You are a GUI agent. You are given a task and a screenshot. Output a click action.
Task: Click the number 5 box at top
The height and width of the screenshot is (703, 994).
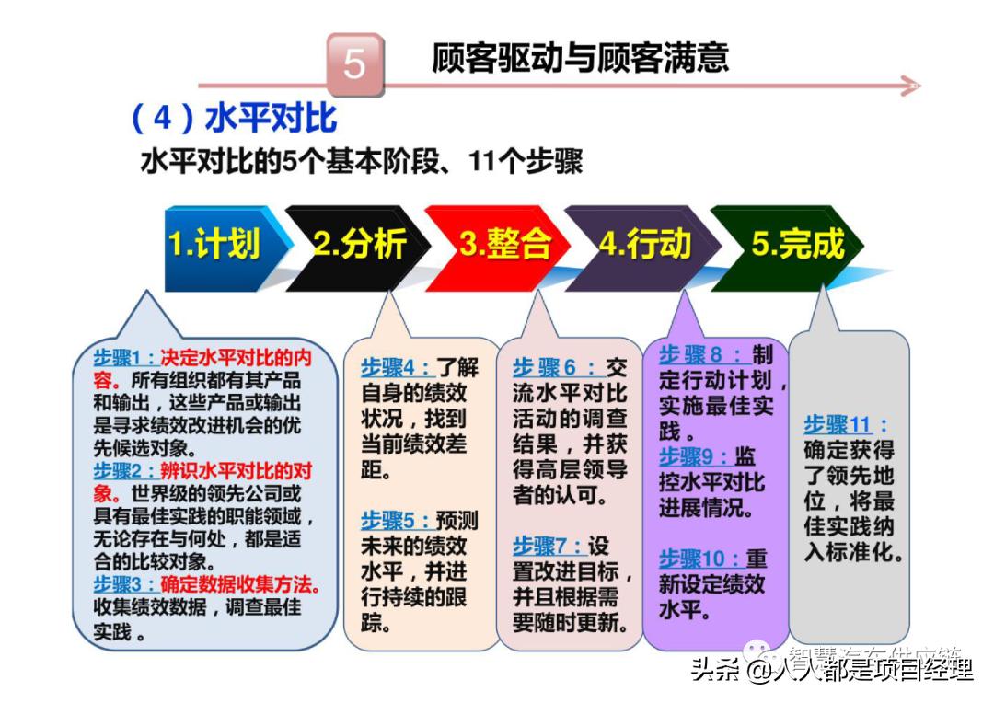point(354,64)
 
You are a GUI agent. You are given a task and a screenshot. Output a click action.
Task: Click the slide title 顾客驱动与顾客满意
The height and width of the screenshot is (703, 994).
point(580,58)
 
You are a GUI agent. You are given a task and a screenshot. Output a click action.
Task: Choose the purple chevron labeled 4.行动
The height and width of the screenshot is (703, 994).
point(644,244)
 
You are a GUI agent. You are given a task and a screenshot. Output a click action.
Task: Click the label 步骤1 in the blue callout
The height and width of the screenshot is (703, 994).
point(126,357)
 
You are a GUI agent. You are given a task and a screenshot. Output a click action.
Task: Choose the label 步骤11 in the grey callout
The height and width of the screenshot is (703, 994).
point(837,425)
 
